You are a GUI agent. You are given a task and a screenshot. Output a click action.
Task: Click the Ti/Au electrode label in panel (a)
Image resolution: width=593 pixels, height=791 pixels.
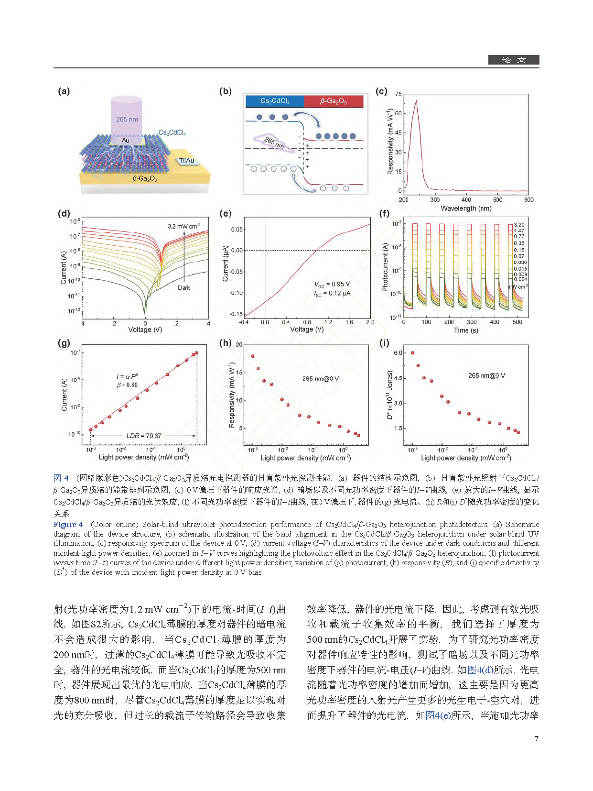[x=187, y=161]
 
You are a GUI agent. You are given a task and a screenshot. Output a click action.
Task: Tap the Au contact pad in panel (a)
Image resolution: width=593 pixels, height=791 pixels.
[x=126, y=140]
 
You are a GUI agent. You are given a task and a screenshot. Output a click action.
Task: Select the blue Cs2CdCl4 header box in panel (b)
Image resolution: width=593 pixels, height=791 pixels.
[x=275, y=101]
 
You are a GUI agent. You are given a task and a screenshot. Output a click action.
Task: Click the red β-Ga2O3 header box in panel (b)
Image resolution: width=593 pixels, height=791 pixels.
[x=334, y=101]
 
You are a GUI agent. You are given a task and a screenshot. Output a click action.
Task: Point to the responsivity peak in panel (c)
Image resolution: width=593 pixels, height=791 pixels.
[x=417, y=101]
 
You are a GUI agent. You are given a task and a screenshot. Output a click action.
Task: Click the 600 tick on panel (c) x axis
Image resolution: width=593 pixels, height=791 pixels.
[x=528, y=200]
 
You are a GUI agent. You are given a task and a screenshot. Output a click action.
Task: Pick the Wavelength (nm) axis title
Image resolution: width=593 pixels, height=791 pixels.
[x=466, y=209]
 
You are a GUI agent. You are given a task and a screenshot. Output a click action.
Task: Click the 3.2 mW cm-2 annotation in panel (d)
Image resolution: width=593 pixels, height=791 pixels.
[x=184, y=226]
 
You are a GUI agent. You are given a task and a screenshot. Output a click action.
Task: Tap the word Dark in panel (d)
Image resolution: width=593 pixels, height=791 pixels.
[x=184, y=288]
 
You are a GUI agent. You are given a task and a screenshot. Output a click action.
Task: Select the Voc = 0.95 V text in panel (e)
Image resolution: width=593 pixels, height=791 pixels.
[x=332, y=284]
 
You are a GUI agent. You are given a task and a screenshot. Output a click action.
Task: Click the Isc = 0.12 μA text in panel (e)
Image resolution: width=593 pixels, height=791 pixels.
[x=332, y=294]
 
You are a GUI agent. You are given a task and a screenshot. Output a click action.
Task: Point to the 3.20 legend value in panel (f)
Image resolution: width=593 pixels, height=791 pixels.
[x=519, y=225]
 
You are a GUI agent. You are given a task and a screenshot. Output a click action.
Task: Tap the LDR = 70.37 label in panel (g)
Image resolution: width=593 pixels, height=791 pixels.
[x=144, y=436]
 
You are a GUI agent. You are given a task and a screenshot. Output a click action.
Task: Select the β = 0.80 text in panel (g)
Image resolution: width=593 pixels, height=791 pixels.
[x=127, y=385]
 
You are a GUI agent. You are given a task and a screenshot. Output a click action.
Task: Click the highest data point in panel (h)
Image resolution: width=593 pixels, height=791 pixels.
[x=253, y=356]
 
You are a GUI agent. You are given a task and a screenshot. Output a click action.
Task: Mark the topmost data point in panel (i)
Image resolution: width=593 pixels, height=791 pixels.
[x=412, y=353]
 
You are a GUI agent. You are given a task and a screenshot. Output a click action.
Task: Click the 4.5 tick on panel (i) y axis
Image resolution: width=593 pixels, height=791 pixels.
[x=398, y=378]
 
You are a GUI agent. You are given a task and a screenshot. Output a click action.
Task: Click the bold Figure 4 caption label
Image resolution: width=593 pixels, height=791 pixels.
[x=68, y=525]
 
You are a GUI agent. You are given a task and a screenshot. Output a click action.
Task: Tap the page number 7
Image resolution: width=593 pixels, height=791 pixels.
[x=536, y=739]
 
